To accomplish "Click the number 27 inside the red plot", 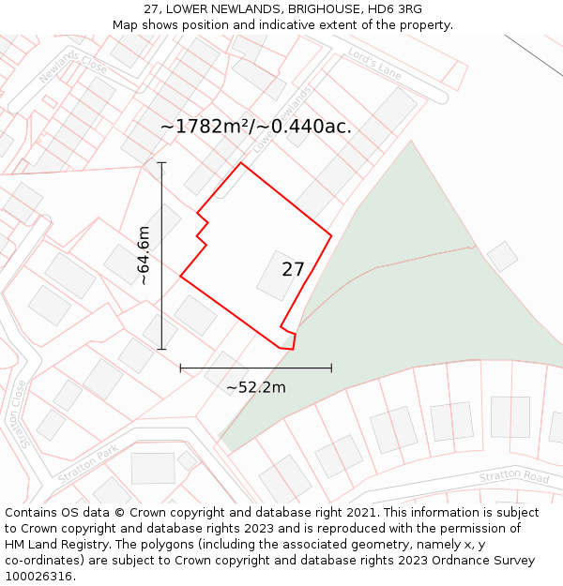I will [293, 270].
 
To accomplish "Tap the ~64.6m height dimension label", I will [143, 255].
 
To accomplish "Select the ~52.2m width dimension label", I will [256, 386].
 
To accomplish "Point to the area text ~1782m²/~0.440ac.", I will [256, 127].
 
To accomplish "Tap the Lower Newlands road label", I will [281, 119].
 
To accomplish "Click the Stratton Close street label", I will [20, 413].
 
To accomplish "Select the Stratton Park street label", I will [88, 462].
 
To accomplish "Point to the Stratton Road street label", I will [513, 476].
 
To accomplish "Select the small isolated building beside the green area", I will [502, 256].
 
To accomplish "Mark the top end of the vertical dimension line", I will [161, 163].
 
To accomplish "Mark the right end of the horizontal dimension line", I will [331, 368].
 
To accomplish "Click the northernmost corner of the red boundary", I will [241, 163].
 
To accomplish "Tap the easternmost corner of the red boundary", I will [331, 234].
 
